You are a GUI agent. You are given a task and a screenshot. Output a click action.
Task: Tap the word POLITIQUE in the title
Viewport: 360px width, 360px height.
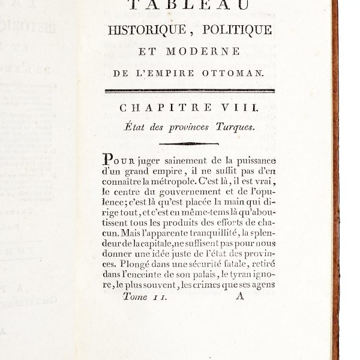coord(239,30)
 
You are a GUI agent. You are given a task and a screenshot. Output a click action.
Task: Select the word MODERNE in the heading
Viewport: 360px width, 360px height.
coord(210,52)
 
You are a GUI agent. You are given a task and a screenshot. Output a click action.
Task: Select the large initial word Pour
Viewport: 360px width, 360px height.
coord(115,160)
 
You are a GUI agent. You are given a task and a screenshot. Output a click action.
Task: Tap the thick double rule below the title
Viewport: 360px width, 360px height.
coord(189,91)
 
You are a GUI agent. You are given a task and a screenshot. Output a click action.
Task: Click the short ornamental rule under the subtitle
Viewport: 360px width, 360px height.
coord(188,143)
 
